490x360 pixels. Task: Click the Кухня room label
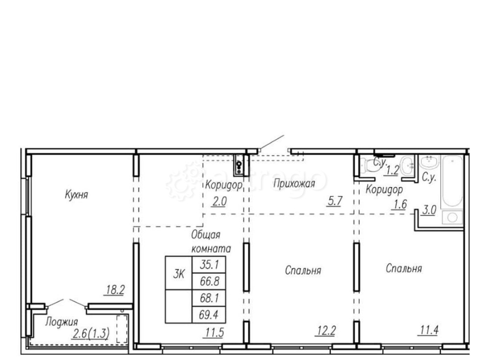pos(76,194)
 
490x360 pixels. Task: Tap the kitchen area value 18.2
pos(115,289)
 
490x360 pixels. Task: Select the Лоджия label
pos(61,322)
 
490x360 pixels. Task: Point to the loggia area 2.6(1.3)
pos(91,334)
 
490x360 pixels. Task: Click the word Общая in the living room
pos(206,235)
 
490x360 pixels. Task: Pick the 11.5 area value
pos(215,333)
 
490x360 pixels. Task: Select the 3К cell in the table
pos(178,273)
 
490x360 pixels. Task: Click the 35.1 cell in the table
pos(209,264)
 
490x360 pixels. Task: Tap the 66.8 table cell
pos(209,281)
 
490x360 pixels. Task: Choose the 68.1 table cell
pos(209,298)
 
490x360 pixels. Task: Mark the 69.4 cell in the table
pos(209,314)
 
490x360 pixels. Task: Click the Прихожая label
pos(294,184)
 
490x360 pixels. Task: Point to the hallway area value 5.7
pos(335,201)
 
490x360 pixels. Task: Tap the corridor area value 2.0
pos(220,202)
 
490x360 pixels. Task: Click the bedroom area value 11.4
pos(428,330)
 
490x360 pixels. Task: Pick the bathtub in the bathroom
pos(452,181)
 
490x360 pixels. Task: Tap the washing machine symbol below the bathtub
pos(452,217)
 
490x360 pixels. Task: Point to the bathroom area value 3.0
pos(429,210)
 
